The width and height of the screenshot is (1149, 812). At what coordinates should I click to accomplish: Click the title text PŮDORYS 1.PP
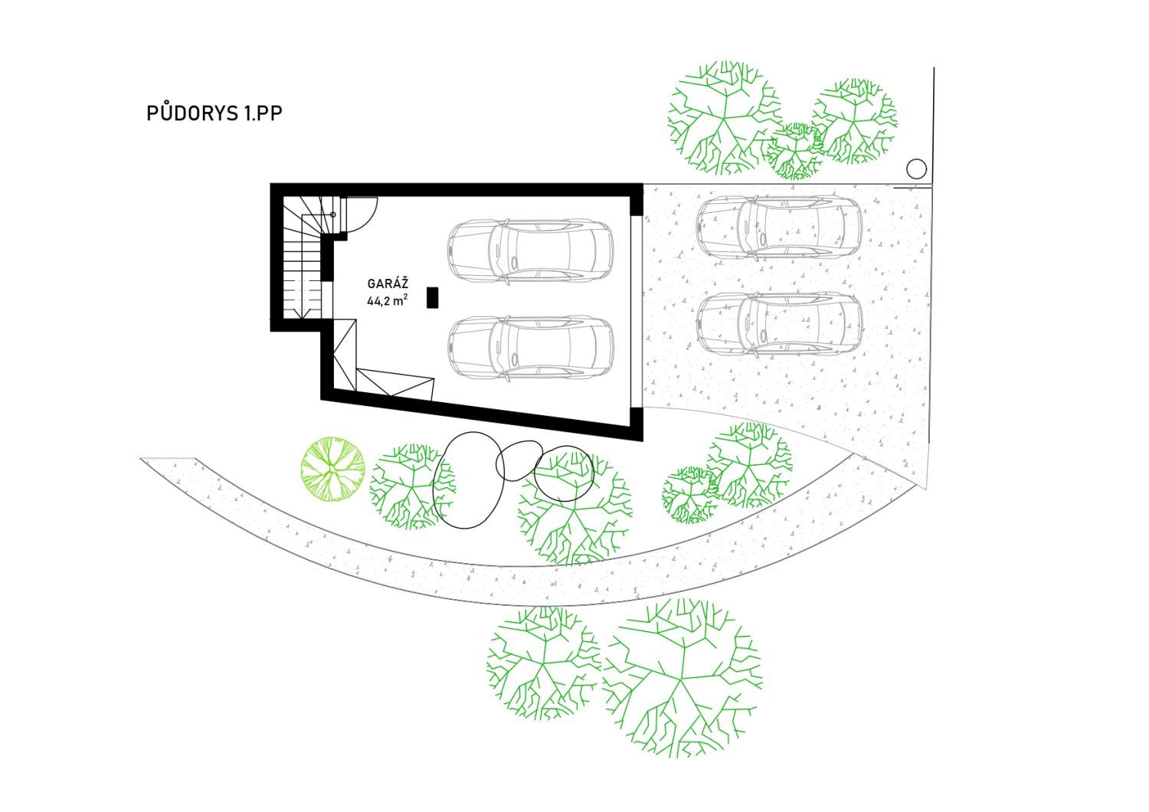click(214, 113)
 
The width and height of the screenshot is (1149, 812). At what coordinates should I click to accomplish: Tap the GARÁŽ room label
click(388, 283)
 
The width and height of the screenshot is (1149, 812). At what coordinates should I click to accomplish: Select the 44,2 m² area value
click(388, 301)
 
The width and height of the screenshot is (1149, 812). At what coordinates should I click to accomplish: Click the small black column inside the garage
click(433, 297)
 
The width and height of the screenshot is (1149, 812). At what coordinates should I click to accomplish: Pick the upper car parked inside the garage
click(530, 252)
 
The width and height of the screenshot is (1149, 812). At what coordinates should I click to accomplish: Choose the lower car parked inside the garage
click(530, 349)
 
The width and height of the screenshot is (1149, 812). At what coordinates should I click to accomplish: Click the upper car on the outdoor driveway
click(780, 227)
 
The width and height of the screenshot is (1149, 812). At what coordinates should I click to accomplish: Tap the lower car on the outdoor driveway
click(780, 324)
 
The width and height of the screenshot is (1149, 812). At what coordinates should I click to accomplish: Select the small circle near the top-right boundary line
click(916, 169)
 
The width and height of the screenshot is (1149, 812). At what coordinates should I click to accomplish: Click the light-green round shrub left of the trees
click(332, 469)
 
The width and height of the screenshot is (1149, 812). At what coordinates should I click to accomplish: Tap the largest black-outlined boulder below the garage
click(468, 480)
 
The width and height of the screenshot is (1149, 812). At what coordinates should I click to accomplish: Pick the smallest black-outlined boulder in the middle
click(519, 460)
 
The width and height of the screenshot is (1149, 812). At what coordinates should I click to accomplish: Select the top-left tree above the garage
click(725, 118)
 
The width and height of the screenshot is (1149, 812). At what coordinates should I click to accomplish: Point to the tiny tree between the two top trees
click(794, 151)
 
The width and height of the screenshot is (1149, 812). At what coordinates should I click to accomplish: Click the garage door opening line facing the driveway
click(642, 312)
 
